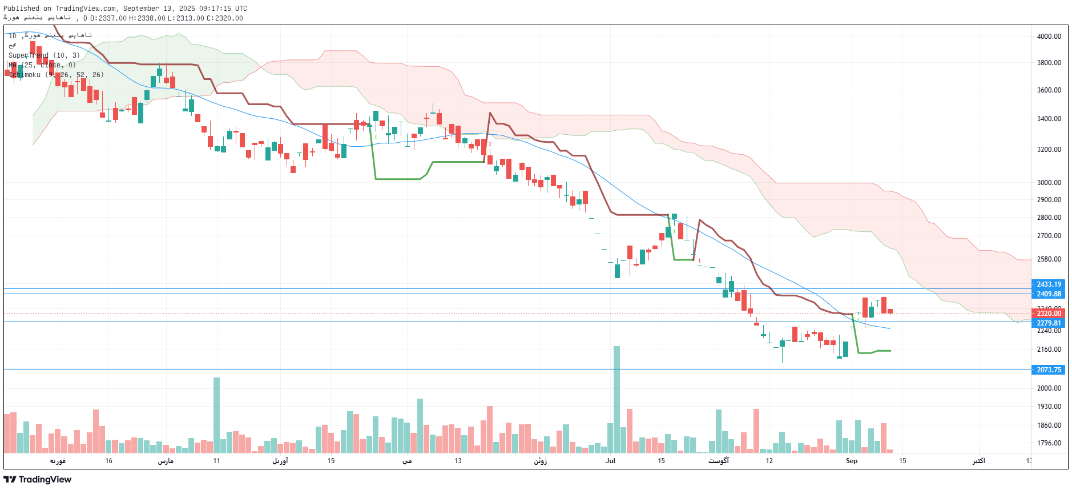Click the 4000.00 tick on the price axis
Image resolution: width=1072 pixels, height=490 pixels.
(1049, 36)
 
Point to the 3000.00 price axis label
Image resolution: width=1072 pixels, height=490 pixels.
(1049, 183)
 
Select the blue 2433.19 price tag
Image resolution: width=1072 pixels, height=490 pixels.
(1049, 284)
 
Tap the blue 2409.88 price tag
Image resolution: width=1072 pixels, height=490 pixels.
(1049, 294)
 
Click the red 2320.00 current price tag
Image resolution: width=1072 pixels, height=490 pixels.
(1049, 314)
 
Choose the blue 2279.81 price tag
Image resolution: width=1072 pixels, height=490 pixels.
(1049, 323)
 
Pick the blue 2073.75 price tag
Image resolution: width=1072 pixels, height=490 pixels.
(1049, 370)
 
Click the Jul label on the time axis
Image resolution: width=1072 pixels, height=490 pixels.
(610, 461)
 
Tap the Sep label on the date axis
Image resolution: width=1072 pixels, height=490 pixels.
(851, 461)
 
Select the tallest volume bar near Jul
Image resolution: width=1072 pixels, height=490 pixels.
(616, 400)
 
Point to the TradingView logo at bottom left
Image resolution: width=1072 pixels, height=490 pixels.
(38, 480)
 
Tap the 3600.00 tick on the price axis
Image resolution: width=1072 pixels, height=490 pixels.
(1049, 90)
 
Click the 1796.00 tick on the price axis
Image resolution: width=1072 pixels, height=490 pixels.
(1049, 443)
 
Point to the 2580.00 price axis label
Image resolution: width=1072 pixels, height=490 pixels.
(1049, 259)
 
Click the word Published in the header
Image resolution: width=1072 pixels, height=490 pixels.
(22, 9)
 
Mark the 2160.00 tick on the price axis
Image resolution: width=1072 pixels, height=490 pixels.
(1049, 350)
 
